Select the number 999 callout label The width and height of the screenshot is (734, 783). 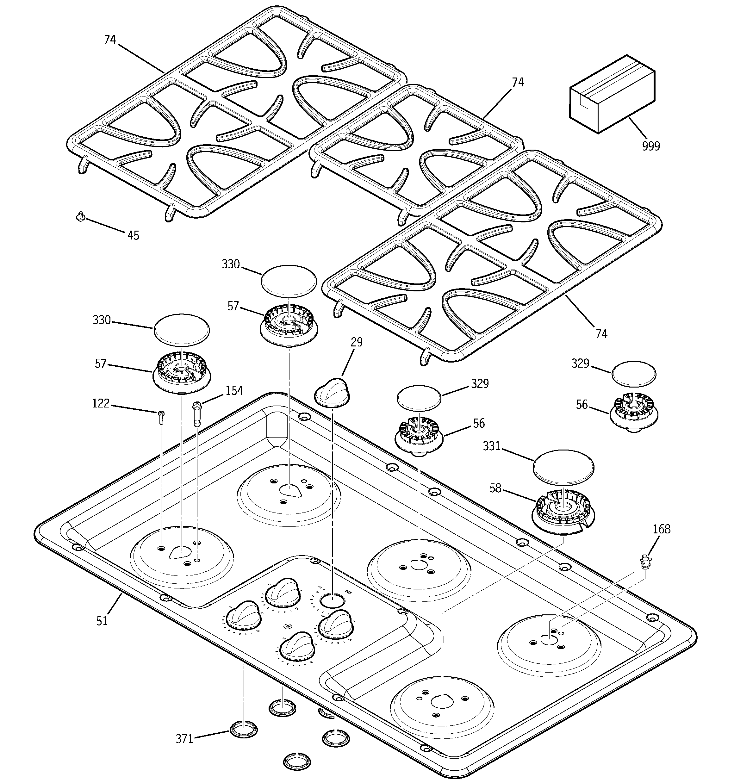[650, 146]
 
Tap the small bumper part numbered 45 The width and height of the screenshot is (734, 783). [81, 216]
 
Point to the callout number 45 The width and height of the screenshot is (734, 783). [133, 235]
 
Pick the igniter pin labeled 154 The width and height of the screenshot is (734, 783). [197, 413]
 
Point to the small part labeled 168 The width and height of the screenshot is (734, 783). [645, 562]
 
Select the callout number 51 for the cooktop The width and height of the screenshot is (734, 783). [102, 621]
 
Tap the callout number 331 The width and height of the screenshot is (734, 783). [492, 446]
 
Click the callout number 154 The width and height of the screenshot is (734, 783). [234, 391]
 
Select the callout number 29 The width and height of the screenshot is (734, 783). [356, 342]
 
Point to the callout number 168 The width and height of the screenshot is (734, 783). [662, 529]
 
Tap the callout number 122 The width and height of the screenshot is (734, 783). [101, 404]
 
